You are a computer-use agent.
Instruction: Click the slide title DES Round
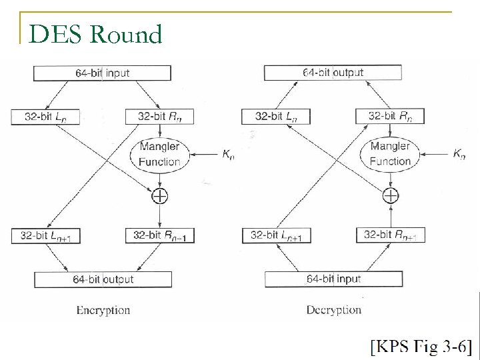click(96, 33)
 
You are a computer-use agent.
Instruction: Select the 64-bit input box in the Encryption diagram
click(102, 73)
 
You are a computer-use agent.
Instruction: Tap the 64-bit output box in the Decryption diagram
click(333, 72)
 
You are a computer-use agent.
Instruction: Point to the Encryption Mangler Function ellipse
click(160, 153)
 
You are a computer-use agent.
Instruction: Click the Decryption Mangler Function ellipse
click(390, 153)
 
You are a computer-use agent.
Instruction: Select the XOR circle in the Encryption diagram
click(160, 195)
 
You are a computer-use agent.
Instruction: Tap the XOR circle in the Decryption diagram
click(391, 195)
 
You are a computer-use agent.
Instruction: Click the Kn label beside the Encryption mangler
click(229, 154)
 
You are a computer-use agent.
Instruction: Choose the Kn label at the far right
click(459, 154)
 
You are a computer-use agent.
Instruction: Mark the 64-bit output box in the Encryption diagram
click(103, 279)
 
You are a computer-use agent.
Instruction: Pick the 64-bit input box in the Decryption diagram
click(333, 279)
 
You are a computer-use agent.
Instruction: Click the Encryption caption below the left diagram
click(103, 310)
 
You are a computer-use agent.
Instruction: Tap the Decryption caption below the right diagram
click(333, 310)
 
